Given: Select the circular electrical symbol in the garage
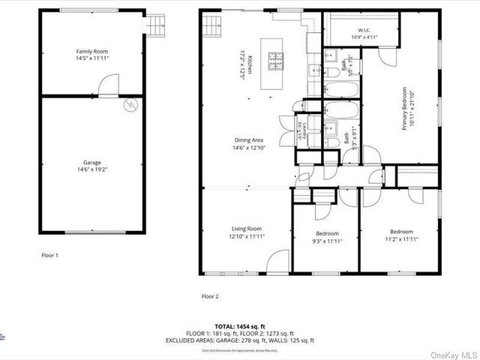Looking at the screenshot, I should (x=130, y=105).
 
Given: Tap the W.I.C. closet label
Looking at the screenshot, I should (x=367, y=31).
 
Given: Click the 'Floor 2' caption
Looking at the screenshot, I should (x=210, y=296).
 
